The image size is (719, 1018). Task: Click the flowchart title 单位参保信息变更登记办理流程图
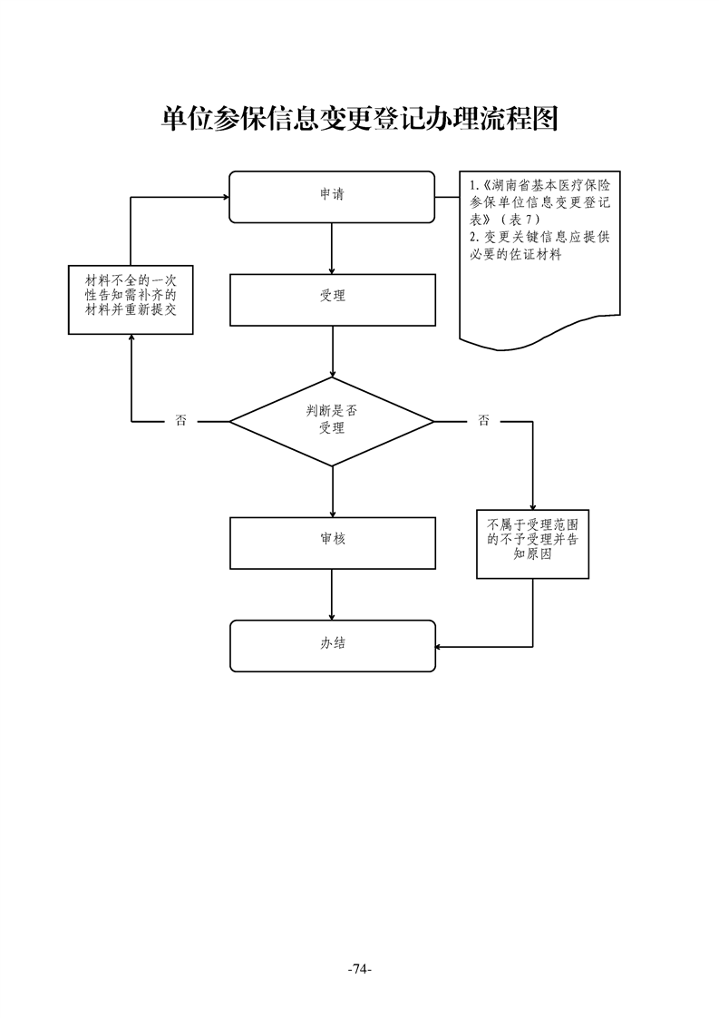pos(358,118)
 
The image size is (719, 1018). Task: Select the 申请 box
pos(332,196)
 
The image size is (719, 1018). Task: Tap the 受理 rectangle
pos(332,299)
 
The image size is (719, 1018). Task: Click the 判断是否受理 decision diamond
pos(332,421)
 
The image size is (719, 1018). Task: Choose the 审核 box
pos(332,542)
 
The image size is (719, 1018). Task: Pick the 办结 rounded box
pos(332,645)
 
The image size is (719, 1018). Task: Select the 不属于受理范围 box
pos(532,543)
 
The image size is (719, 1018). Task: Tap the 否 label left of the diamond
pos(180,421)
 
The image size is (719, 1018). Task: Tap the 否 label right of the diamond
pos(483,421)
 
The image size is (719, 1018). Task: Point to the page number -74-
pos(360,969)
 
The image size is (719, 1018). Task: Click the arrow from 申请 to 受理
pos(333,248)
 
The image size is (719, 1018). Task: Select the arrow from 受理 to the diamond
pos(333,351)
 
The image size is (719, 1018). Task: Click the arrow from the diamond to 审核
pos(333,491)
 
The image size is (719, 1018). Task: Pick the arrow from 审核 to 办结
pos(333,594)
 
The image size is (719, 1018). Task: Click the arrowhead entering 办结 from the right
pos(441,646)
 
